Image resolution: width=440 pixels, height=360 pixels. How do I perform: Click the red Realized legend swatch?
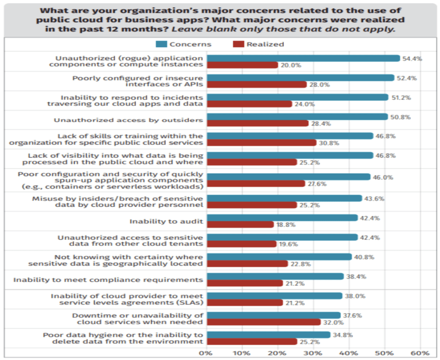[238, 44]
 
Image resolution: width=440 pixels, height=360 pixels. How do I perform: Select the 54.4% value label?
[412, 58]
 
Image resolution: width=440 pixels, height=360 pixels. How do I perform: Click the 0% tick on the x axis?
[207, 353]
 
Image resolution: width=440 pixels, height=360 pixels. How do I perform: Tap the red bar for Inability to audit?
[240, 225]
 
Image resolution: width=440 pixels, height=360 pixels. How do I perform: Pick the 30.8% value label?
[328, 143]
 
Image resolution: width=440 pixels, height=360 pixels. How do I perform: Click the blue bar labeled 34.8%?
[269, 335]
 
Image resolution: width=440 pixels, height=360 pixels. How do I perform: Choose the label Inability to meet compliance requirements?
[108, 280]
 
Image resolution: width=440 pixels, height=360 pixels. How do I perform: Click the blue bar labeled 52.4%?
[300, 78]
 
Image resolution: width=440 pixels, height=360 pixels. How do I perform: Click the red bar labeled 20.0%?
[242, 65]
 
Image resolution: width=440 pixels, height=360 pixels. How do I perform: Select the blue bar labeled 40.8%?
[279, 257]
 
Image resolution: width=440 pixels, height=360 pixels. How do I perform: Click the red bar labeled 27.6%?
[256, 184]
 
